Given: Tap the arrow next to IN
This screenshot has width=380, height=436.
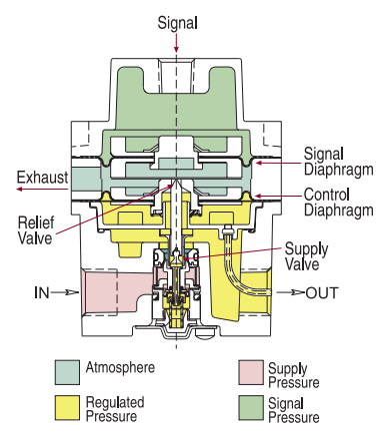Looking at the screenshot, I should click(62, 293).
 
